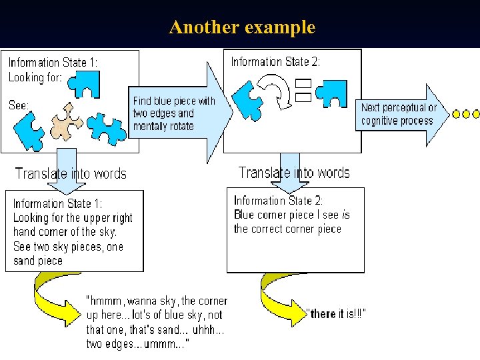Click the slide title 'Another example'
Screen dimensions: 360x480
click(x=241, y=27)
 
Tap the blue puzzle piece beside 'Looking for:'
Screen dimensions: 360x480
click(x=86, y=82)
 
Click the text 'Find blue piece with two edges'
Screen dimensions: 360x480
click(x=174, y=107)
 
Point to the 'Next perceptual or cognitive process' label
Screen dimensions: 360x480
click(x=398, y=114)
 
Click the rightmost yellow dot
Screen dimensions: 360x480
click(x=475, y=114)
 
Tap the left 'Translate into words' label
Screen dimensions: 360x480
click(x=71, y=174)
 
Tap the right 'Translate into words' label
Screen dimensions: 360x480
click(x=294, y=173)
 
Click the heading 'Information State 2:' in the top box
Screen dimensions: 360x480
click(x=275, y=62)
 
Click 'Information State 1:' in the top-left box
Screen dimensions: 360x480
click(x=53, y=63)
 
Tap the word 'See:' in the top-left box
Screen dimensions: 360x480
click(x=19, y=105)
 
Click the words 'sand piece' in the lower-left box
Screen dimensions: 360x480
click(x=38, y=261)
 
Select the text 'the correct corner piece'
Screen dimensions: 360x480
click(x=287, y=229)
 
